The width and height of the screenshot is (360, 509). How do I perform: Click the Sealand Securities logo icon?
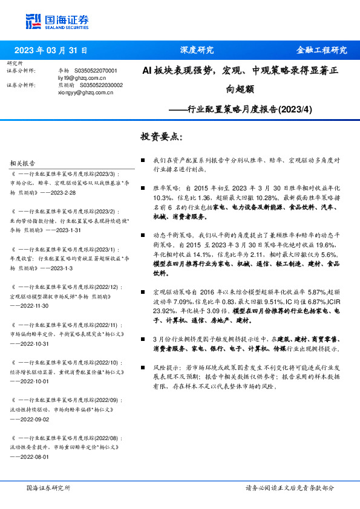33,22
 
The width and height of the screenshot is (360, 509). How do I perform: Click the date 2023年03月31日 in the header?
51,50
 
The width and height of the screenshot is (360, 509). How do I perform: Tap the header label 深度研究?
197,50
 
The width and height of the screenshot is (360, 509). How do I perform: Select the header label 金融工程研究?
321,50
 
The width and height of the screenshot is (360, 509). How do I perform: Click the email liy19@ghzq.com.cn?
82,79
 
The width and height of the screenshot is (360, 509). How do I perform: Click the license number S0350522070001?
96,71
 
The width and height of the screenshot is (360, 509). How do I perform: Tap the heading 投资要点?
161,137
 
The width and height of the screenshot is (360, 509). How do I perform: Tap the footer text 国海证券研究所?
48,487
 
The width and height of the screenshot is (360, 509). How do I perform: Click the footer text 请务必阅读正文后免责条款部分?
289,487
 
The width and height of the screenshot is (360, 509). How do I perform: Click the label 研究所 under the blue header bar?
14,63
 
